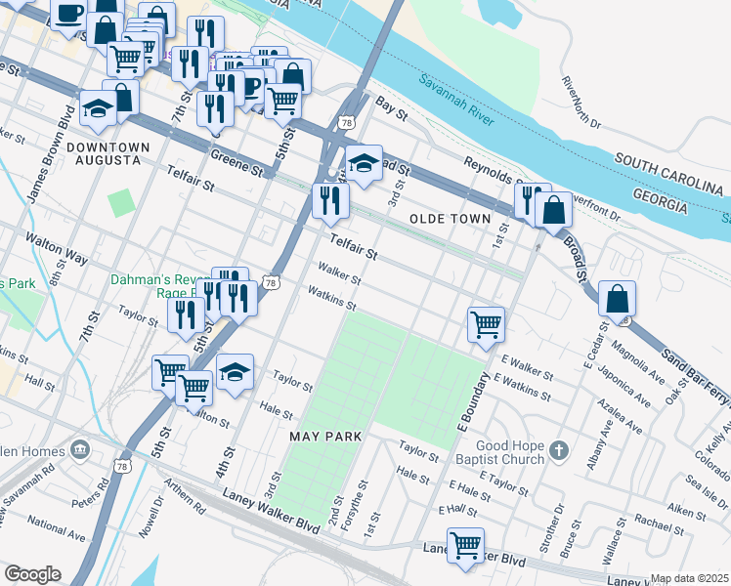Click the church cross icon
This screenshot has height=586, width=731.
(558, 450)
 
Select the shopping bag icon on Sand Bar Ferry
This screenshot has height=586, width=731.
(617, 298)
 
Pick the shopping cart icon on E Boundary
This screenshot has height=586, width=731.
(486, 323)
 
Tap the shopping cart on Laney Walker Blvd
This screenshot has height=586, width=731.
(466, 544)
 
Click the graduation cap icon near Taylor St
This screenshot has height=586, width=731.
(235, 372)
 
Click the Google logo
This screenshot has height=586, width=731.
(32, 574)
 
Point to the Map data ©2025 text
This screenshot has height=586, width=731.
(689, 578)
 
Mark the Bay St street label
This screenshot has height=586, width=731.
(391, 107)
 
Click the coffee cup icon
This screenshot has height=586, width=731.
(68, 14)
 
